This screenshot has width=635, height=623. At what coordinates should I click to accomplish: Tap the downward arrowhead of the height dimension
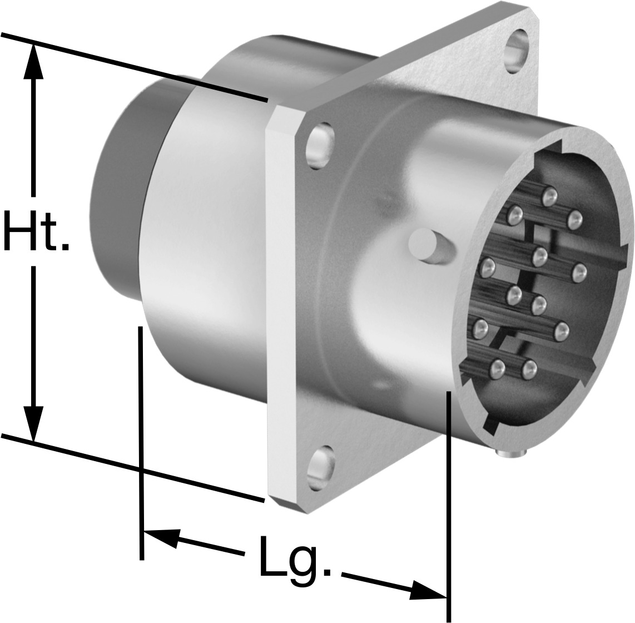point(33,422)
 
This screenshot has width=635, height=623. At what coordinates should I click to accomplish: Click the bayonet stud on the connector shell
point(428,245)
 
